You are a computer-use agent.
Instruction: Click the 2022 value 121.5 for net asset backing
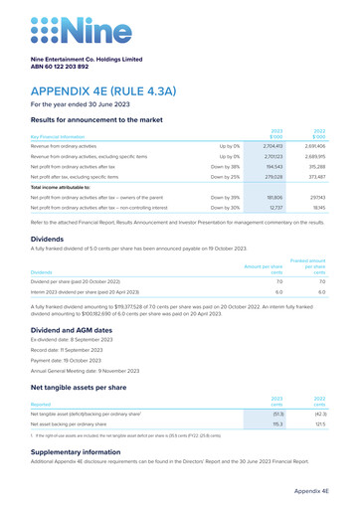(319, 424)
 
